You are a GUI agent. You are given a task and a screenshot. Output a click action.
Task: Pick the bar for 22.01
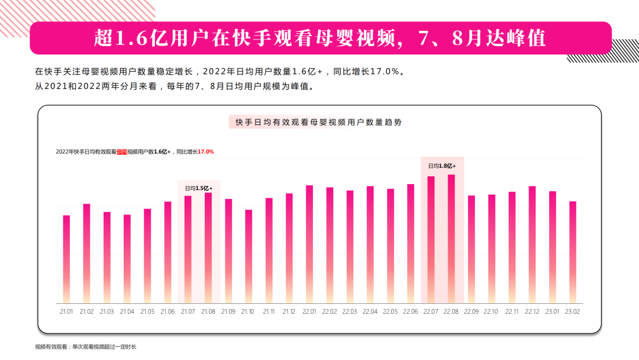click(309, 243)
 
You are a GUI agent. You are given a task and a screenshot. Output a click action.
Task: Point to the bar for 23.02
click(572, 252)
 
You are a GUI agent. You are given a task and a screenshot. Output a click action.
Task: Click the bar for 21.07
click(188, 249)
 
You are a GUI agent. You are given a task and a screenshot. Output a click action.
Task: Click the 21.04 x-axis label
click(127, 311)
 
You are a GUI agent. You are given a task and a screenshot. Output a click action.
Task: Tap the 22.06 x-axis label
click(411, 311)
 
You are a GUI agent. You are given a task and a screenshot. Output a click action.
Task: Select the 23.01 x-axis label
click(552, 311)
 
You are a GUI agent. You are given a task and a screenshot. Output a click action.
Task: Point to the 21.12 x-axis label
click(289, 311)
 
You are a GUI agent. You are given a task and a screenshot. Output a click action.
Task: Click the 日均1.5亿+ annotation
click(199, 188)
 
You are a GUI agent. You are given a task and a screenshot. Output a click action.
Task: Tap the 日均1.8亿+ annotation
click(441, 166)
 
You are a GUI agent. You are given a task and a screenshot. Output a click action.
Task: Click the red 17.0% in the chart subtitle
click(205, 152)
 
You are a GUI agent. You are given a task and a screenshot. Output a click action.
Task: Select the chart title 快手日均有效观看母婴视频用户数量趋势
click(318, 122)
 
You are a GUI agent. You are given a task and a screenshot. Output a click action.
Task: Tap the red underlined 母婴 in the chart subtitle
click(121, 152)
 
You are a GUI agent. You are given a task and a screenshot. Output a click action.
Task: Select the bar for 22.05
click(390, 245)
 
